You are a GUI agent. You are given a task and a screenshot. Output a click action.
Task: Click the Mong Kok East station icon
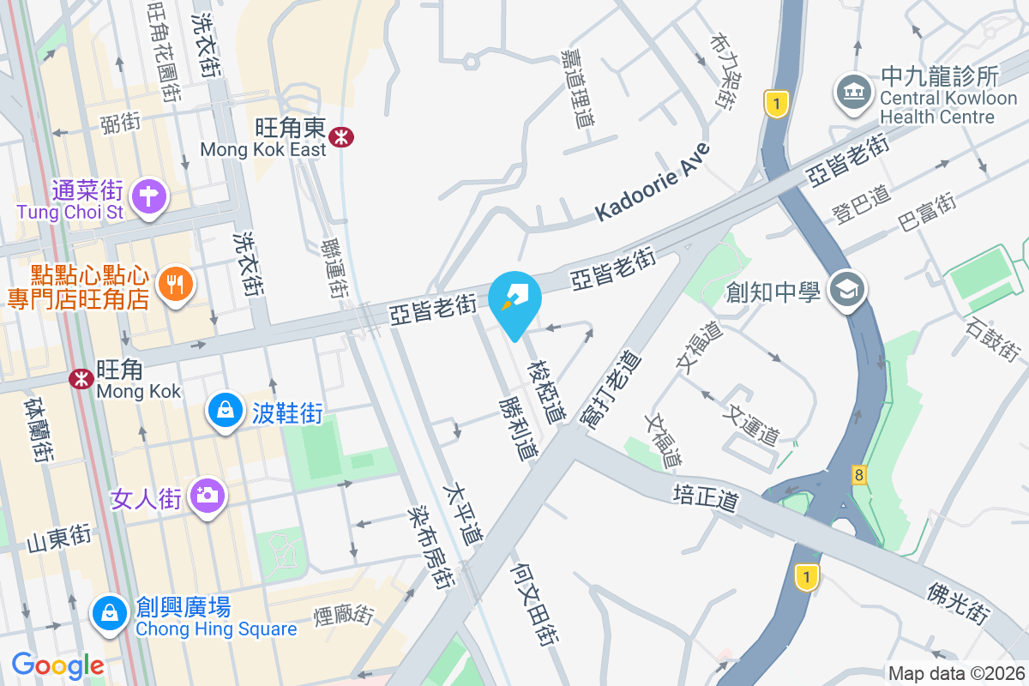click(x=341, y=136)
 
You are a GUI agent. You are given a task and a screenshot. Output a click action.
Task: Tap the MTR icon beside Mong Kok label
click(x=82, y=378)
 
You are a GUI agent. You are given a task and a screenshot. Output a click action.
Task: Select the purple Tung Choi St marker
click(x=149, y=195)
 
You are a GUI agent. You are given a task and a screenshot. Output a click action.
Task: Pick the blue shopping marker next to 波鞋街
click(x=224, y=411)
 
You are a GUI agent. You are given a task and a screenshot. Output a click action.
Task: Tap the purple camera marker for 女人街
click(x=206, y=495)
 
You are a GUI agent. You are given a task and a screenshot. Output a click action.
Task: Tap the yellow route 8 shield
click(x=858, y=473)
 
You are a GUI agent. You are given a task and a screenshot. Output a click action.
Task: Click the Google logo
click(x=57, y=665)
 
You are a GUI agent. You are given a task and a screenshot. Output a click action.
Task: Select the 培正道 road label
click(x=705, y=496)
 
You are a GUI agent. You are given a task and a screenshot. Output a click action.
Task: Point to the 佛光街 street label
click(x=958, y=604)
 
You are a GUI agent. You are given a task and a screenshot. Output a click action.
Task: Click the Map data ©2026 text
click(x=956, y=674)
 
